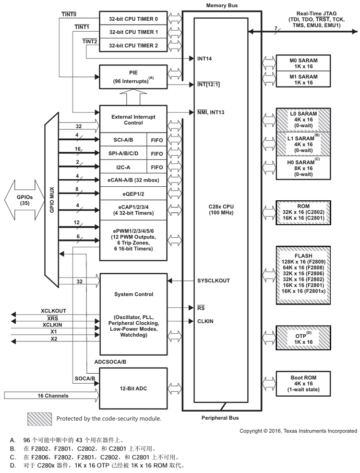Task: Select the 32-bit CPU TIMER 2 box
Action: pos(133,45)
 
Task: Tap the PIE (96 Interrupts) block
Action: pos(133,77)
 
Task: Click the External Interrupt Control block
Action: pos(133,120)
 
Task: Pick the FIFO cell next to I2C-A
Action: pos(156,168)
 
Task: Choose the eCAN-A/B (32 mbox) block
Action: pos(133,181)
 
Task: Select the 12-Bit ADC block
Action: pos(133,388)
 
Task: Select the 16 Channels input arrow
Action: pos(48,396)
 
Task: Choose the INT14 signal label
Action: pos(204,59)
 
